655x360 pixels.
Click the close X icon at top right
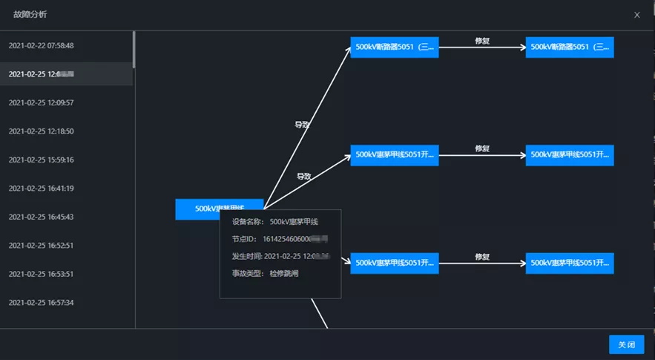pyautogui.click(x=636, y=15)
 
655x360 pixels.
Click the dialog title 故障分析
pyautogui.click(x=30, y=14)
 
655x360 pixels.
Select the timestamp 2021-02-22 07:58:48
pyautogui.click(x=41, y=46)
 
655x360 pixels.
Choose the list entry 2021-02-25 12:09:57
pyautogui.click(x=41, y=102)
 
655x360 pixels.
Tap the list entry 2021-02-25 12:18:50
pyautogui.click(x=41, y=131)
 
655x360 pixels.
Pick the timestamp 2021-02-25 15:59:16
pyautogui.click(x=41, y=160)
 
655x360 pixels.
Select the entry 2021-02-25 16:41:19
pyautogui.click(x=41, y=189)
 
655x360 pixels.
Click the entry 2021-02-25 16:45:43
pyautogui.click(x=41, y=217)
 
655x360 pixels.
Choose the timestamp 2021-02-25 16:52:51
pyautogui.click(x=41, y=246)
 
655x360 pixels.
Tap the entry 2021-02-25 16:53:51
pyautogui.click(x=41, y=274)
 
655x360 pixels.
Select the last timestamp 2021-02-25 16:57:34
pyautogui.click(x=41, y=303)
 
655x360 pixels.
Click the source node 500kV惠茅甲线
pyautogui.click(x=219, y=209)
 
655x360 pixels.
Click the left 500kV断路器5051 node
pyautogui.click(x=395, y=48)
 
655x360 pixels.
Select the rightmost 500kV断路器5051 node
pyautogui.click(x=570, y=48)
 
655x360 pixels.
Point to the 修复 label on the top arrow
pyautogui.click(x=482, y=41)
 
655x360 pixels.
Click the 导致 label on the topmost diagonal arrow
pyautogui.click(x=302, y=125)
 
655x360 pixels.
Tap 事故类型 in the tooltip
pyautogui.click(x=248, y=273)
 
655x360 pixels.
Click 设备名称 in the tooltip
pyautogui.click(x=248, y=221)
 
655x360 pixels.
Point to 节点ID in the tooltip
pyautogui.click(x=245, y=239)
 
